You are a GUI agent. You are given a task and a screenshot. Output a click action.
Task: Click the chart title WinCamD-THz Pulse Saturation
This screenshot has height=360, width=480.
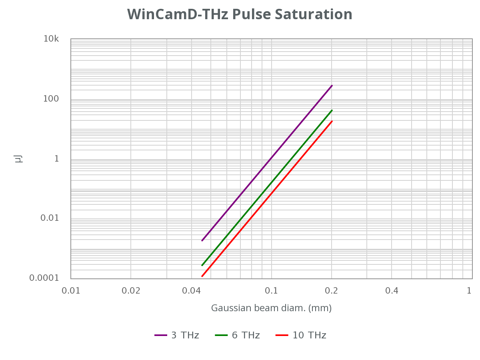click(240, 14)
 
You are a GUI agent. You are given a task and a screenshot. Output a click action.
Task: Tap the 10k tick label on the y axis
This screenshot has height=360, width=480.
click(51, 39)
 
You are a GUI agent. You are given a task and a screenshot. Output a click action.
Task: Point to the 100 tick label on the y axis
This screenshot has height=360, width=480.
click(51, 99)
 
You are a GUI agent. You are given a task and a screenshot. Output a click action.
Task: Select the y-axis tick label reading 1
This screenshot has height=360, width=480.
click(56, 159)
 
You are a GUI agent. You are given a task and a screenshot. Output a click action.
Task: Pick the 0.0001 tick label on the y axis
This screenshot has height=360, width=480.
click(44, 278)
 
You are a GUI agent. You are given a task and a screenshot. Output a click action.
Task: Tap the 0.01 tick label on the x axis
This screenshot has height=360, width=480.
click(71, 291)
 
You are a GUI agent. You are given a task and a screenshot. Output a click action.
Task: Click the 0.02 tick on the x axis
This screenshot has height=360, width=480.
click(131, 291)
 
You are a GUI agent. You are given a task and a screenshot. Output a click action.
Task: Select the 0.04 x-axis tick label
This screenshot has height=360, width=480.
click(191, 291)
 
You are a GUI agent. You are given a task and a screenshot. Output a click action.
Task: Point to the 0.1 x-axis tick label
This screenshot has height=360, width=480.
click(272, 291)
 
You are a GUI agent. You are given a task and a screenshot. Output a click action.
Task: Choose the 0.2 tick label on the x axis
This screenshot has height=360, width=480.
click(332, 291)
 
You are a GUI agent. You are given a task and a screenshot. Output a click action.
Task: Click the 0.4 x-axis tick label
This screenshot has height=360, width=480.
click(392, 291)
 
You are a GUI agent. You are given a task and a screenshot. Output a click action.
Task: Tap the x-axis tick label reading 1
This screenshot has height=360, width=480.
click(469, 291)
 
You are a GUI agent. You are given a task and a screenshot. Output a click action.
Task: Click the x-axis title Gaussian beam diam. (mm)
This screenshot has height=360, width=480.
click(271, 308)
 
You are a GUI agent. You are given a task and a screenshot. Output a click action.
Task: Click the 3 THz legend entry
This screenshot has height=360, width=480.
click(177, 335)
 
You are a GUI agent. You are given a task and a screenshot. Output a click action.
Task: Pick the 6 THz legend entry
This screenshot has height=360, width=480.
click(238, 335)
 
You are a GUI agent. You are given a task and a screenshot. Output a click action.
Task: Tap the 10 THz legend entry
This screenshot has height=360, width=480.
click(301, 335)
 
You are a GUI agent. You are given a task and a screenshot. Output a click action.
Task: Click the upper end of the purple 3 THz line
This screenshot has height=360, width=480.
click(332, 86)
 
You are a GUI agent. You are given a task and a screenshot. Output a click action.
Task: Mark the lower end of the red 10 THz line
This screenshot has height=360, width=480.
click(202, 276)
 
